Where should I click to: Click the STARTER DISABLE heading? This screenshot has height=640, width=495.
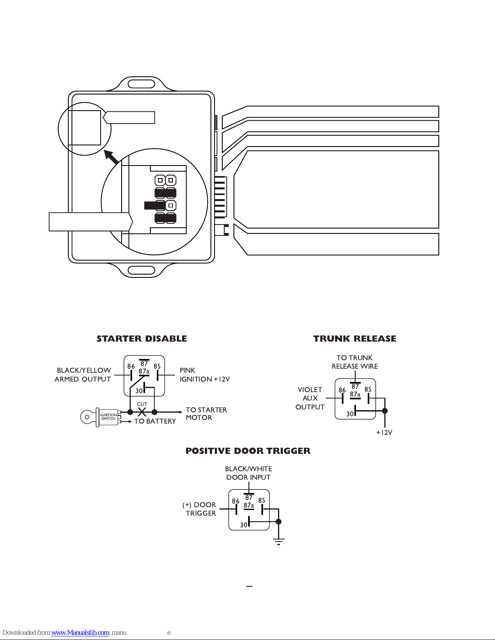[142, 339]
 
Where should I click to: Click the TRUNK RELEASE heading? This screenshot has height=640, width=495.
[355, 339]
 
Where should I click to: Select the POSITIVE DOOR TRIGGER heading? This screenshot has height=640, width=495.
[248, 451]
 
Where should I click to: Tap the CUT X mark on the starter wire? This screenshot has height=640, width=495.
[142, 412]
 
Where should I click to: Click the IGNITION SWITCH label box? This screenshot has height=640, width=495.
[108, 417]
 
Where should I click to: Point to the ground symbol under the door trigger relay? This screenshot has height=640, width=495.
[278, 541]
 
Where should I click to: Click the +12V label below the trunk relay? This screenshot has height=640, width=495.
[384, 432]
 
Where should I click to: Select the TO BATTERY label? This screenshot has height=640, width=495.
[155, 421]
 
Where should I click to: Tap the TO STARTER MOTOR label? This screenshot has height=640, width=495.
[206, 413]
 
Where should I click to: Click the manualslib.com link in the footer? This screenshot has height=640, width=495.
[80, 632]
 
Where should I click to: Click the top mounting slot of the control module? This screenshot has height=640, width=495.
[141, 84]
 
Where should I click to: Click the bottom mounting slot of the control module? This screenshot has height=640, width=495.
[141, 270]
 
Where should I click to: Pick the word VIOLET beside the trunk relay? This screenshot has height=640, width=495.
[310, 390]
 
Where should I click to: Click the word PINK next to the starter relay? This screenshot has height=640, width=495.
[187, 370]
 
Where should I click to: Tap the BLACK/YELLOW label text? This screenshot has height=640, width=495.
[84, 370]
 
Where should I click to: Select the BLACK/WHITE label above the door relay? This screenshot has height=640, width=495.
[249, 468]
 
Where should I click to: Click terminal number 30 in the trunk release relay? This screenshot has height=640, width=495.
[350, 414]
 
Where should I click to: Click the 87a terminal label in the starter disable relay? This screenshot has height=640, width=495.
[144, 371]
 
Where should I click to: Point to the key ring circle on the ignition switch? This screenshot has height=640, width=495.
[87, 417]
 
